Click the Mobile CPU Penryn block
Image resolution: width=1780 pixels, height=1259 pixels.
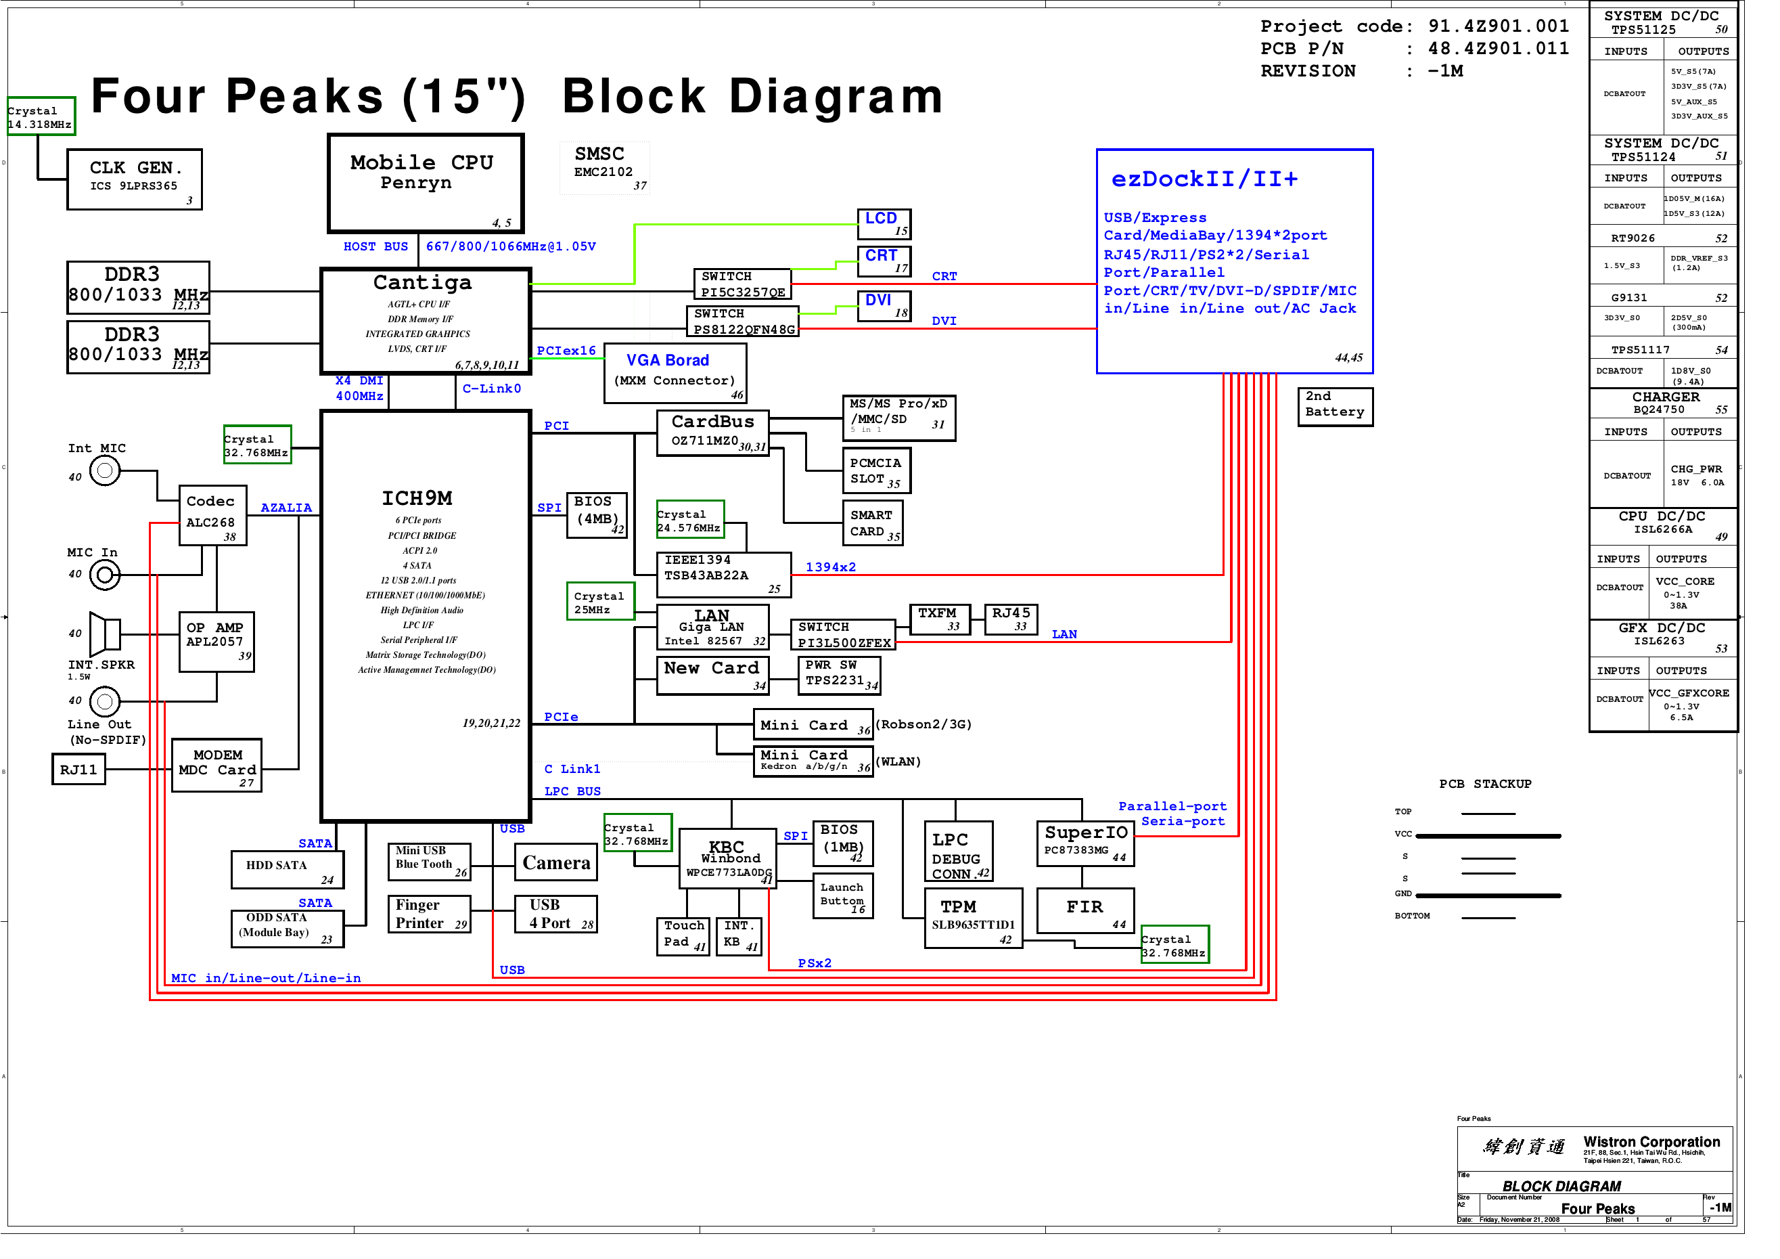tap(425, 183)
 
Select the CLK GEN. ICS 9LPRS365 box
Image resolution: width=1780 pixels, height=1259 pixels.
tap(134, 179)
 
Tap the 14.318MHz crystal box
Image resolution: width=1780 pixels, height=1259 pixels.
tap(41, 116)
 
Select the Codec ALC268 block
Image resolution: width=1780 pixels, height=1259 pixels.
tap(212, 516)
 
